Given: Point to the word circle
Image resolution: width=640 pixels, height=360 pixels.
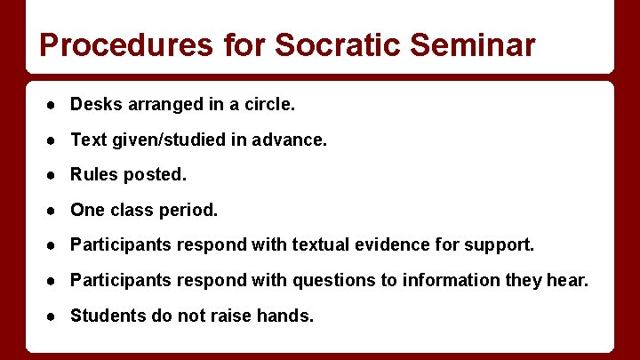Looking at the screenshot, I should (269, 105).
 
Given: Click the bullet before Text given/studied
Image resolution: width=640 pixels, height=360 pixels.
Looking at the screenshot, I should (54, 140).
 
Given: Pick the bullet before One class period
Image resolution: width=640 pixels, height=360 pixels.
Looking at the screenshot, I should (54, 211).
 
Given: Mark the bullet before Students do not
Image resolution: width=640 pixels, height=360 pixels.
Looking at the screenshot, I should (54, 316).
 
